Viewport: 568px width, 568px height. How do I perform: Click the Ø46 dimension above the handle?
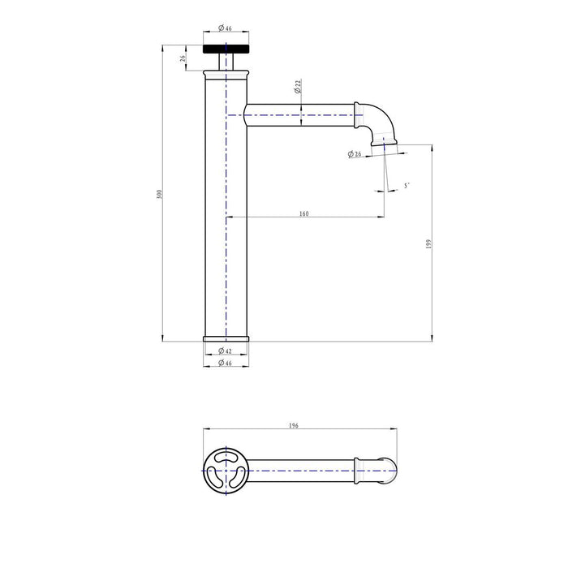226,28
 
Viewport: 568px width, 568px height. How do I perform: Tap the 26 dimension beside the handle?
183,58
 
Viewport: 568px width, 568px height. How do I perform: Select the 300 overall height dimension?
159,194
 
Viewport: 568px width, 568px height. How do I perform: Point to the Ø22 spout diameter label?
298,87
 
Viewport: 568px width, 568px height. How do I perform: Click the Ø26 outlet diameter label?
355,154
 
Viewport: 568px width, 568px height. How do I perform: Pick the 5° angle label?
407,186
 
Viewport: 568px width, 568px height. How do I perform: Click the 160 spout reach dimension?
304,213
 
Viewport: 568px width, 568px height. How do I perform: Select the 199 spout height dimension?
429,243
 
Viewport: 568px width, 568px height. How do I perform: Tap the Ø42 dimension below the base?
225,351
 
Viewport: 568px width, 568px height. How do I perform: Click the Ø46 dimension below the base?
225,363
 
